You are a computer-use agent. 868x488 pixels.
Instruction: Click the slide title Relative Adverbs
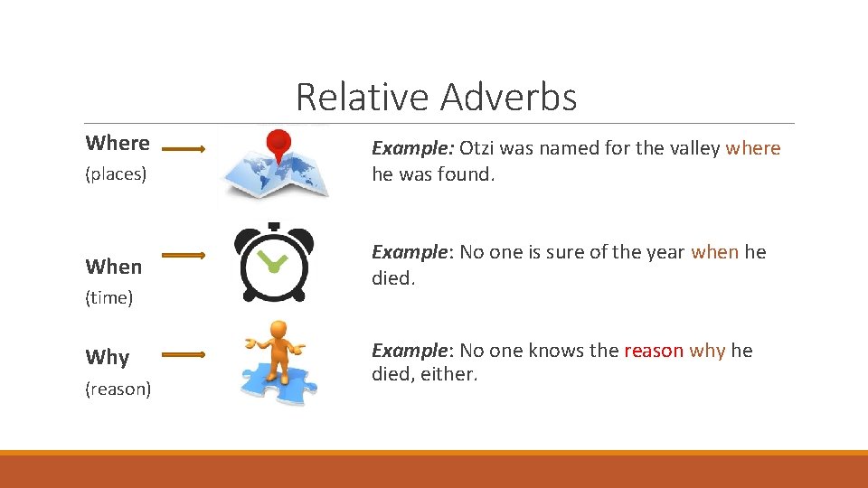click(436, 98)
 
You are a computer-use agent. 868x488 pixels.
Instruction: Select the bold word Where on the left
click(118, 143)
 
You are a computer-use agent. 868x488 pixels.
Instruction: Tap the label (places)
click(116, 174)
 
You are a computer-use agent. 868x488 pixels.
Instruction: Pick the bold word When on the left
click(114, 267)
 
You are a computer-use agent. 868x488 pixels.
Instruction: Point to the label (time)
click(109, 297)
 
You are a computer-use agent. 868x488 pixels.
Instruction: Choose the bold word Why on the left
click(108, 357)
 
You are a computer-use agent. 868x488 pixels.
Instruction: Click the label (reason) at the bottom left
click(118, 389)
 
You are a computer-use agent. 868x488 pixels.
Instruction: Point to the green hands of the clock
click(275, 263)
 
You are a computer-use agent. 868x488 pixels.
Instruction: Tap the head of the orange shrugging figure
click(278, 330)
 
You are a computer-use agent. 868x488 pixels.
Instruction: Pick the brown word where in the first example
click(753, 148)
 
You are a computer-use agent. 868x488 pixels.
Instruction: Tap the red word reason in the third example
click(654, 351)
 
